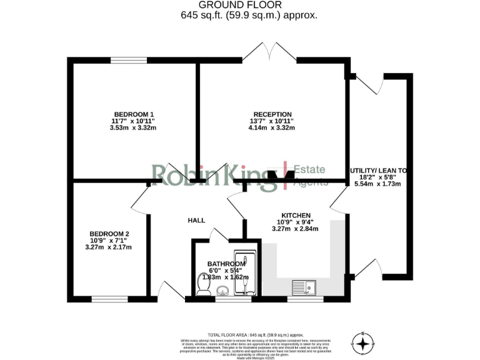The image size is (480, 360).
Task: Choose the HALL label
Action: [197, 221]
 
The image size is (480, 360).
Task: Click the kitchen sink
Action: [304, 287]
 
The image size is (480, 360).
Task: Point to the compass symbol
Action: [362, 342]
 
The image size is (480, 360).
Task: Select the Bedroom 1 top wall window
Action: [129, 61]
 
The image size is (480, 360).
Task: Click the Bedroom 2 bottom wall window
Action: [109, 299]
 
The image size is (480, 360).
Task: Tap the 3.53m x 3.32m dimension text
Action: [133, 128]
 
